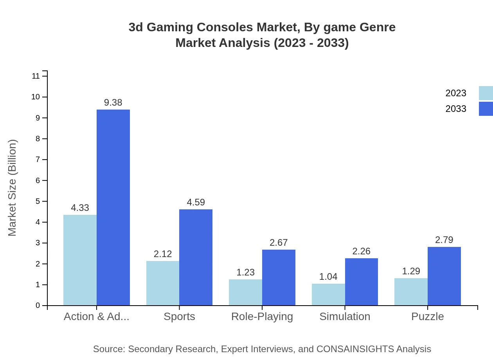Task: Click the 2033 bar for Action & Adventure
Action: pos(113,207)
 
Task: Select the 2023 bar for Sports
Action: pos(163,283)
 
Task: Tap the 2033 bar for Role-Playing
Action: pos(279,277)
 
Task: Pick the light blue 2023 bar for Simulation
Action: pos(328,294)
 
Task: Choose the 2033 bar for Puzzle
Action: pos(444,276)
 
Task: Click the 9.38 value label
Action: pos(113,103)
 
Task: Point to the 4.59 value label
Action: pos(196,202)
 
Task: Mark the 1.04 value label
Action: pos(328,277)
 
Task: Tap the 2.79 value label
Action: pos(444,240)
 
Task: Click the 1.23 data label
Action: pos(245,272)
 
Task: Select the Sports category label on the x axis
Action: pos(179,316)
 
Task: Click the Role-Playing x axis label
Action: pos(262,316)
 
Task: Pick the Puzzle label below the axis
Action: pos(427,316)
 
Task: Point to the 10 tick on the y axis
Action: pos(36,97)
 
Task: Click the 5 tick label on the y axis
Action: pos(38,202)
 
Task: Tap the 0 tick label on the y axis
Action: pos(38,306)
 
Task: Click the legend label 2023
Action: pos(456,93)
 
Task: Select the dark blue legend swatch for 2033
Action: pos(486,109)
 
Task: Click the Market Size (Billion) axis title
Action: pos(13,188)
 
